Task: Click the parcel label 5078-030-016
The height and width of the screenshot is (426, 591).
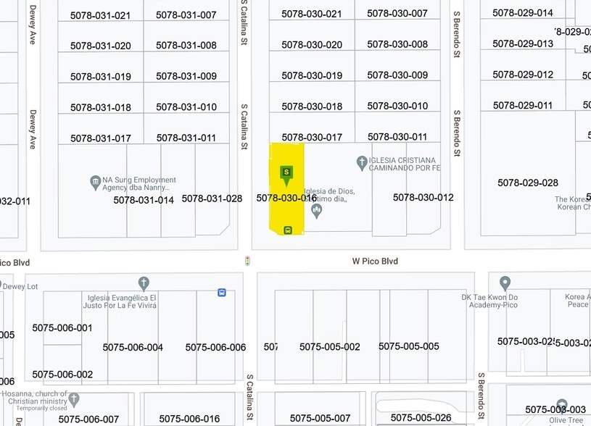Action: coord(286,198)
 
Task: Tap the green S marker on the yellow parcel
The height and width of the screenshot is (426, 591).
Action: coord(287,172)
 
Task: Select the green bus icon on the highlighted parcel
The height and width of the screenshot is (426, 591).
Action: coord(288,230)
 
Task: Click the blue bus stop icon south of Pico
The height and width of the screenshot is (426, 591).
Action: coord(221,293)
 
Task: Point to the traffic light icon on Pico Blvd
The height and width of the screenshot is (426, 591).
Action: coord(248,261)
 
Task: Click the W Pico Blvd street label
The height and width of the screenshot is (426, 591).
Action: coord(375,261)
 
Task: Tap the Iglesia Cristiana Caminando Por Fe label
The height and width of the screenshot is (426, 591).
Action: coord(404,164)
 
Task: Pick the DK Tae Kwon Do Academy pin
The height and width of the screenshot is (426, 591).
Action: coord(505,283)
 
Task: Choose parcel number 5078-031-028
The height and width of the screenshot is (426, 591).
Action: coord(212,199)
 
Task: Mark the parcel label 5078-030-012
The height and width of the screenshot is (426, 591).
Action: coord(423,198)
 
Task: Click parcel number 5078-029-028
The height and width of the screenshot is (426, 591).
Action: coord(527,183)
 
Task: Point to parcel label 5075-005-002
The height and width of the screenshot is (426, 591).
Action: coord(329,346)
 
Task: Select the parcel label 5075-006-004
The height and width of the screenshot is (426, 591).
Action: coord(133,347)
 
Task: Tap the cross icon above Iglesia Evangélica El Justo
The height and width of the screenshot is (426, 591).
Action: coord(144,283)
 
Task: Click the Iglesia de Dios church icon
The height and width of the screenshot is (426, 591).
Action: coord(316,211)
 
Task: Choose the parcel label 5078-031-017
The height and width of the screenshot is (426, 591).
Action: coord(100,138)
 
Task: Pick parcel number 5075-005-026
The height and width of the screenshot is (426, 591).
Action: coord(421,417)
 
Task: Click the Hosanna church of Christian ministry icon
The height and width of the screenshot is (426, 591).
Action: coord(74,399)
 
